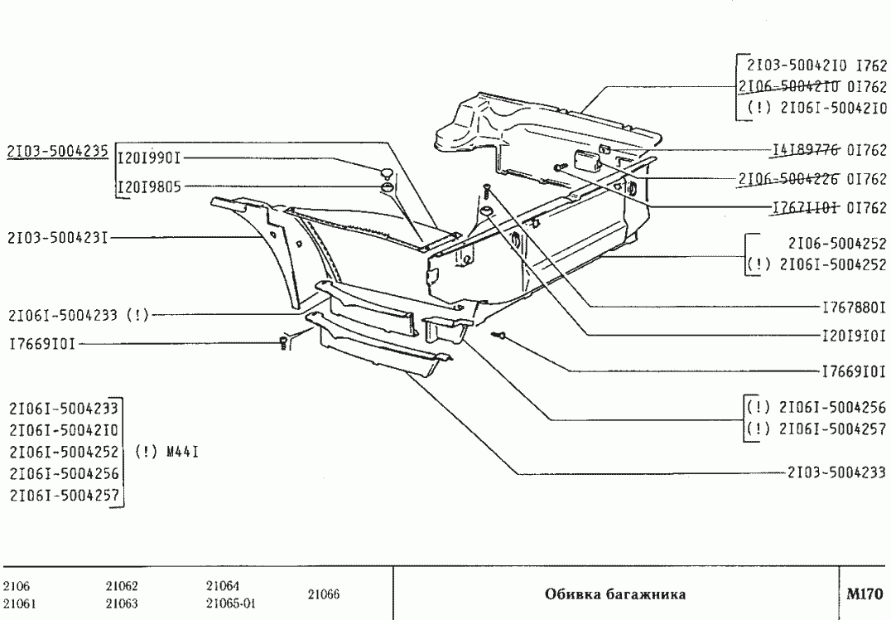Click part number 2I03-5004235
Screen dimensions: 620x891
[57, 151]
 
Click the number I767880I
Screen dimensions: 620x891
[854, 307]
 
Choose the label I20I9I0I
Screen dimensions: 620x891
[854, 337]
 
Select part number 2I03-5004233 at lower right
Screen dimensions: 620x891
[836, 472]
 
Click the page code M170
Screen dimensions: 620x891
[865, 593]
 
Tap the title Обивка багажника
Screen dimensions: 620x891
[615, 594]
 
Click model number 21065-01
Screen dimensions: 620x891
[229, 603]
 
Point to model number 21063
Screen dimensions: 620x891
[121, 603]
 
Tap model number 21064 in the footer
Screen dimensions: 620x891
[221, 585]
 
